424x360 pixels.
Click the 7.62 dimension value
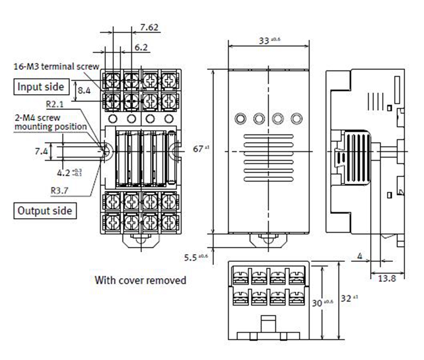click(149, 27)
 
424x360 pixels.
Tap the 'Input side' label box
click(41, 87)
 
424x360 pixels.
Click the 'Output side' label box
click(45, 210)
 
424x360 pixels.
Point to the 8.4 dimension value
click(85, 91)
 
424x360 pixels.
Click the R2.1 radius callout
click(56, 105)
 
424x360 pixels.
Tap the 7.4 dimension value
click(41, 152)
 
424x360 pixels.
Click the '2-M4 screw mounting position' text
click(50, 122)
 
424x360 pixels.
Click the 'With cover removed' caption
click(140, 280)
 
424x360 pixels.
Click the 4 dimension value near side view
click(360, 256)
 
